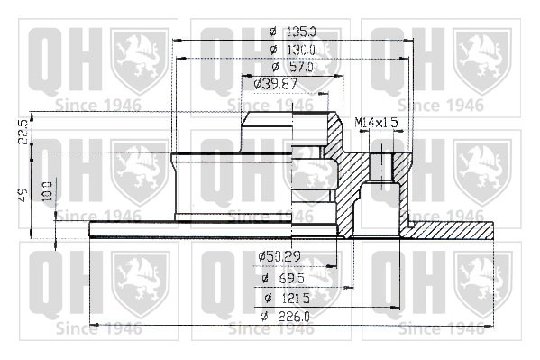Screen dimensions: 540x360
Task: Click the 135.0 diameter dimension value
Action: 301,32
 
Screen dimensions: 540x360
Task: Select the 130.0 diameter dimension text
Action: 301,50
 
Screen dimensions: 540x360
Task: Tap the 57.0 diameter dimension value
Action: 302,67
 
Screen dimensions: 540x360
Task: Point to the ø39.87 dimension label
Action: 275,84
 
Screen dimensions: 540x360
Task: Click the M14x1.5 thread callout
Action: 376,122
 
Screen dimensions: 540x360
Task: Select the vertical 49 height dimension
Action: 23,195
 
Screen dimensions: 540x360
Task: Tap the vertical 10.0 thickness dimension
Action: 48,190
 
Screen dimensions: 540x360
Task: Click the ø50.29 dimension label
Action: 279,256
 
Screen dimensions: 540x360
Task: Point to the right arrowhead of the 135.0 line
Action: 409,41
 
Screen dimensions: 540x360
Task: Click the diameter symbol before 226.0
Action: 264,316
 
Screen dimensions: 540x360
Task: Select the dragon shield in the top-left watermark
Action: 140,61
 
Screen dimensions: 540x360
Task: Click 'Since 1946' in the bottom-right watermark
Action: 441,328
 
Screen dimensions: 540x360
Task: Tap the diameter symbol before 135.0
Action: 273,32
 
